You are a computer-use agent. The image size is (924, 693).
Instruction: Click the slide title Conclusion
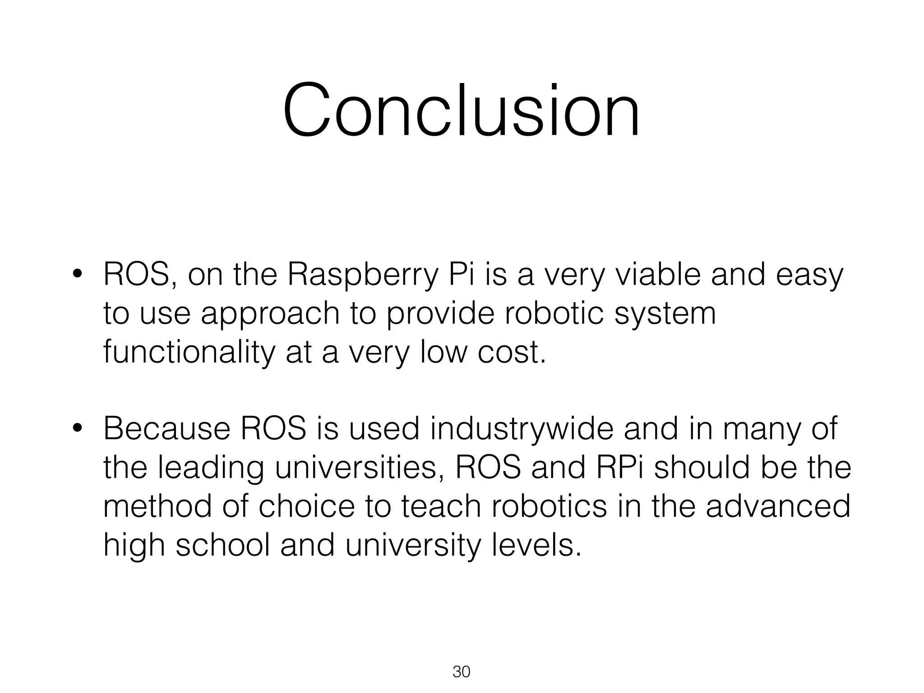click(x=461, y=110)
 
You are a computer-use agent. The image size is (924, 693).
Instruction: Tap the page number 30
click(x=461, y=672)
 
